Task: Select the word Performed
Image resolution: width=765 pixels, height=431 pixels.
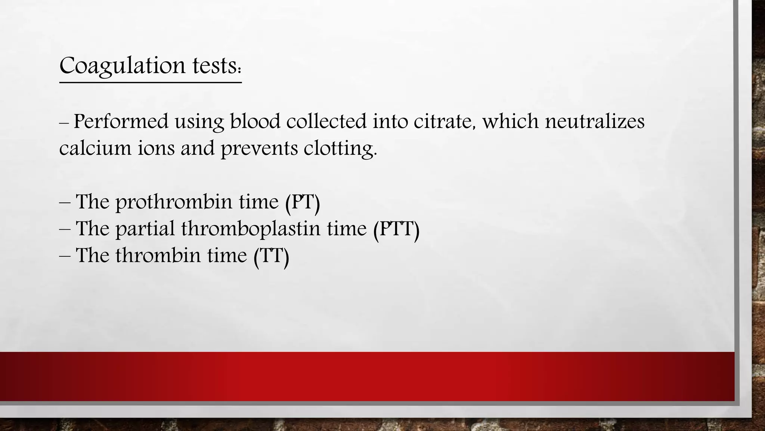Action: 121,122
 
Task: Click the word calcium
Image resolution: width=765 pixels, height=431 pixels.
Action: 95,148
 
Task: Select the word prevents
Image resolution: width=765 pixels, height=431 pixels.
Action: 259,149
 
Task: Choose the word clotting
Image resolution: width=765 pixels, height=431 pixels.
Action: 340,149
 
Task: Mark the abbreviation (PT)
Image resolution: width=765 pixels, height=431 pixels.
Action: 303,202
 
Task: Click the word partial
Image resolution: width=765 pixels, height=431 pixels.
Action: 145,229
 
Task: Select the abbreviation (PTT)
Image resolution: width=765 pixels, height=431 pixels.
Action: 396,229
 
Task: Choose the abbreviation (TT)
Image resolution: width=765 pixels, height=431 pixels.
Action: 271,256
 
